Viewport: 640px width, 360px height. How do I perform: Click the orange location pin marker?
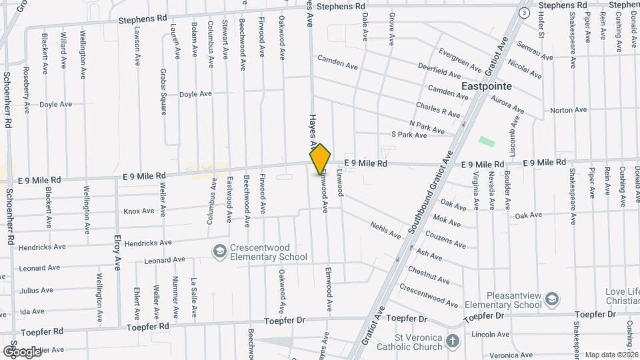point(321,159)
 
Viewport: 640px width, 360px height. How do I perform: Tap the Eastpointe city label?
point(487,87)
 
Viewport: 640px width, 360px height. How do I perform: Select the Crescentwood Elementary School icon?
point(219,251)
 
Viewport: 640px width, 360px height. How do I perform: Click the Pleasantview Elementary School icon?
point(551,299)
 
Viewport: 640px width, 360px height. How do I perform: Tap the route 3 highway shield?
point(525,13)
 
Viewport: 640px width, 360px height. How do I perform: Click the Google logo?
point(22,351)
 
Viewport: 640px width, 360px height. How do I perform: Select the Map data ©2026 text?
point(611,355)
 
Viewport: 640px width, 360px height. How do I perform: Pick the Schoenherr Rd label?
point(8,100)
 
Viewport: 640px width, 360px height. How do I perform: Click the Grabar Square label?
point(163,91)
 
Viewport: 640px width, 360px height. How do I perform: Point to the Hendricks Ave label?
point(42,247)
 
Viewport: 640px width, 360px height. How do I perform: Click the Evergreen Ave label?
point(460,60)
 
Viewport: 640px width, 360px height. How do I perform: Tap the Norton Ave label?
point(568,110)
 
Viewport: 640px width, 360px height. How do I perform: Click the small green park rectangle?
point(487,141)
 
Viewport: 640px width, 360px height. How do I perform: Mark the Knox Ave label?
point(139,211)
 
